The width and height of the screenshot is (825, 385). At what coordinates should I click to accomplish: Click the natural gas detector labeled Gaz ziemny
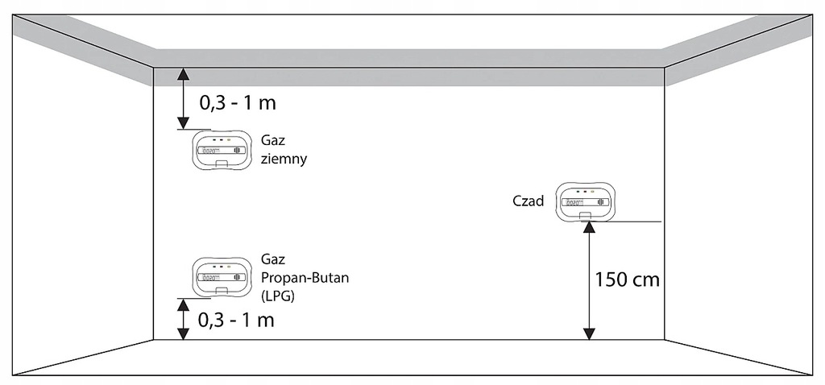(x=221, y=151)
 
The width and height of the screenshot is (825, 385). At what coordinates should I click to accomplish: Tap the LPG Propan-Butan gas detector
(x=221, y=277)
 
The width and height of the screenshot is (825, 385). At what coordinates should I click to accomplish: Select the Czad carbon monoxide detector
(x=586, y=202)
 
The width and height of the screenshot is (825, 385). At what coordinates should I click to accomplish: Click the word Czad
(x=529, y=201)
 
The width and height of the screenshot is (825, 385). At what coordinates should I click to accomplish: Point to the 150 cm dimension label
(x=627, y=279)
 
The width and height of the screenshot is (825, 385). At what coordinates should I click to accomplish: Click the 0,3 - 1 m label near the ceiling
(x=238, y=103)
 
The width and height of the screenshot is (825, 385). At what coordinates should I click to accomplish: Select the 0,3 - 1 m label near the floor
(x=236, y=320)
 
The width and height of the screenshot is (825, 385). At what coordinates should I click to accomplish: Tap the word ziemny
(x=284, y=159)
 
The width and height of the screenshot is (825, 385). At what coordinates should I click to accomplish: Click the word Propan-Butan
(x=305, y=278)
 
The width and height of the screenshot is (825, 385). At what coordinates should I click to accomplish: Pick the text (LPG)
(x=278, y=296)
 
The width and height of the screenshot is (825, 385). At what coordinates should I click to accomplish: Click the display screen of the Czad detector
(x=586, y=202)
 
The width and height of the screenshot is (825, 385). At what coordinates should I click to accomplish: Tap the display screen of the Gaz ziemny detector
(x=221, y=151)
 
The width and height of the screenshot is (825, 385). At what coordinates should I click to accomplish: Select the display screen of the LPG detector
(x=221, y=277)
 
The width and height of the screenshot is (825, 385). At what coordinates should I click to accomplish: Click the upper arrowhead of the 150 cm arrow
(x=589, y=227)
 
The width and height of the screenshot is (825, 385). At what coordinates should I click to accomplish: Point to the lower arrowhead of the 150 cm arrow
(x=589, y=334)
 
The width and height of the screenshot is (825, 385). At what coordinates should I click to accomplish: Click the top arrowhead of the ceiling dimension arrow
(x=183, y=73)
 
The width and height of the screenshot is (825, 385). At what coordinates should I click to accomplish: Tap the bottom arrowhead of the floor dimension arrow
(x=183, y=334)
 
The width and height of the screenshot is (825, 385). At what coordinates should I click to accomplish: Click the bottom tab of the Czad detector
(x=586, y=216)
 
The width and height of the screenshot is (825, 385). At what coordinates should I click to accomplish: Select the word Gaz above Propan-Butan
(x=272, y=259)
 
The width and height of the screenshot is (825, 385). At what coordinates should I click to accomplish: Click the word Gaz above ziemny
(x=272, y=140)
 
